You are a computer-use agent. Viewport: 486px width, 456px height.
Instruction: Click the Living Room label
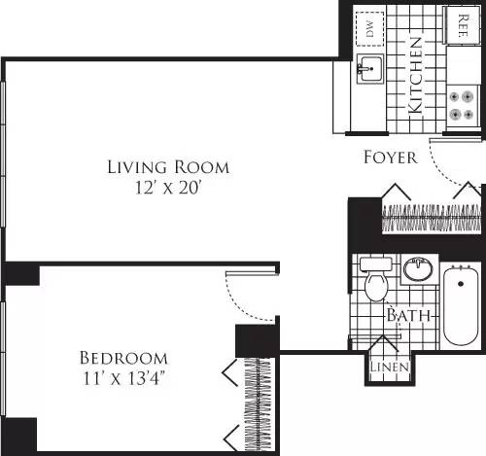(x=168, y=167)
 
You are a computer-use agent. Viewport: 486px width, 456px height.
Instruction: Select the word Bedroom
(x=123, y=358)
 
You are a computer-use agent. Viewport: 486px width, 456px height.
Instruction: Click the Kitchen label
(x=415, y=76)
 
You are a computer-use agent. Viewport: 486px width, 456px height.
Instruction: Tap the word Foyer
(x=391, y=157)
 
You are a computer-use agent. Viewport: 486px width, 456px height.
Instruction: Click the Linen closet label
(x=389, y=368)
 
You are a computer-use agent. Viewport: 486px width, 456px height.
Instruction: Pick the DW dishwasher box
(x=369, y=29)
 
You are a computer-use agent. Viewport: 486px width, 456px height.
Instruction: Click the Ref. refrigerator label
(x=458, y=23)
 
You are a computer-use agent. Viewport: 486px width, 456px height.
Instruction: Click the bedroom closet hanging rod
(x=259, y=403)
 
